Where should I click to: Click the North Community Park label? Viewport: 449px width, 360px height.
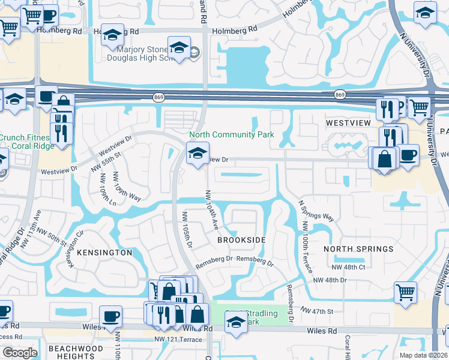(232, 134)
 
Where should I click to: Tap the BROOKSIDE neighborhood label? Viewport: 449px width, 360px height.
(241, 240)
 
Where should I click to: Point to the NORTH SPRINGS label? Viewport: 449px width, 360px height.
(358, 248)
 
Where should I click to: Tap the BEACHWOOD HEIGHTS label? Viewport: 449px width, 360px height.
(76, 352)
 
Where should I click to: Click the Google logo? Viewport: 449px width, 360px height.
(20, 353)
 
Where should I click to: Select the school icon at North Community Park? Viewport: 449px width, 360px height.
(197, 154)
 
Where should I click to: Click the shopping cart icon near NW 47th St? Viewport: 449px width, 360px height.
(406, 292)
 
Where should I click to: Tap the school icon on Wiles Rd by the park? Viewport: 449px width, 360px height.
(236, 323)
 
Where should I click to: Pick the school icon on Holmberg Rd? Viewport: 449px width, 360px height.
(112, 35)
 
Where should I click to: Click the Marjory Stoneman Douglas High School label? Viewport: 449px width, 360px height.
(143, 54)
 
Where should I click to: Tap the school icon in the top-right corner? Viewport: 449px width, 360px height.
(425, 12)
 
